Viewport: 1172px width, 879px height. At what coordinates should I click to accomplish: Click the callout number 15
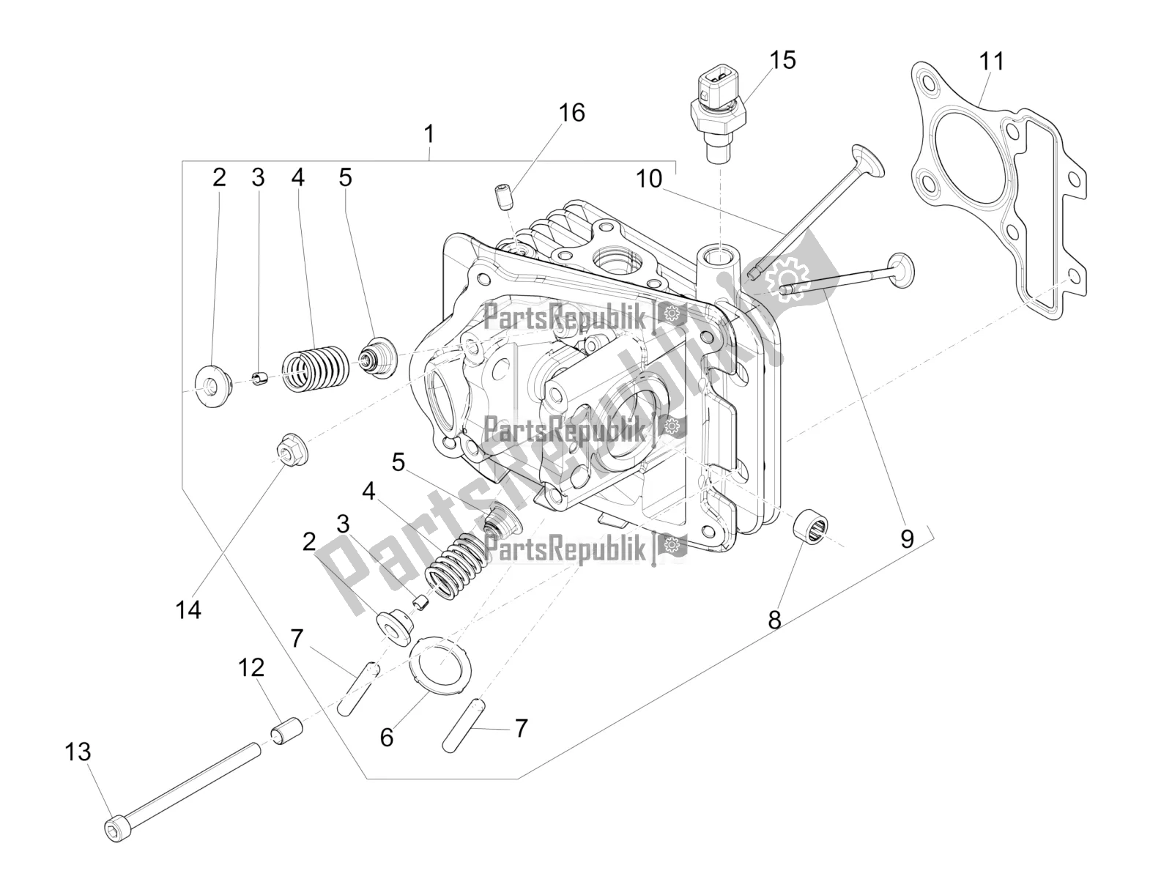(x=782, y=60)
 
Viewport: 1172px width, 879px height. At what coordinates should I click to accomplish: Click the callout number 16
(x=572, y=113)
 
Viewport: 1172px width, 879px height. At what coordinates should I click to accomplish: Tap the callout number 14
(x=188, y=609)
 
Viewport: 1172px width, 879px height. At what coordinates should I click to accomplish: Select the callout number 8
(x=774, y=620)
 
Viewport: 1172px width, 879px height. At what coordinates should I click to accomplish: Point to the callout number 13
(x=78, y=752)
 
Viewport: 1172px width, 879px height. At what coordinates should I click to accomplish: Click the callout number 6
(x=387, y=737)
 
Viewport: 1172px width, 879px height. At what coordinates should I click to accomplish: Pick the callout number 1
(x=429, y=135)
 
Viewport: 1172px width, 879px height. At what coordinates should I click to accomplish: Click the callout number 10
(x=649, y=179)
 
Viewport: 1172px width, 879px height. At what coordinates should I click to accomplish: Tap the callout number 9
(x=907, y=539)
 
